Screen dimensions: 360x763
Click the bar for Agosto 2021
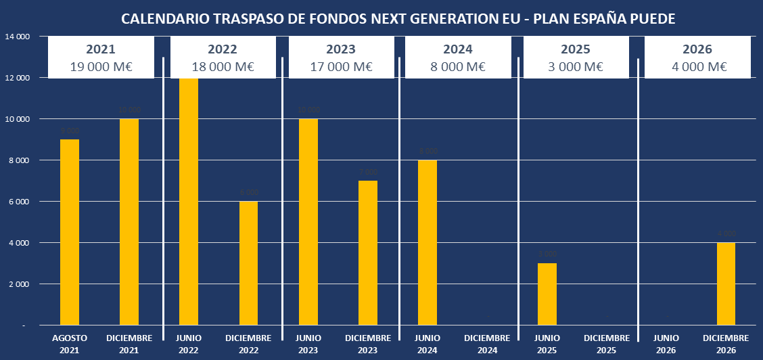[70, 232]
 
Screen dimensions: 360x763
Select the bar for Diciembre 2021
[129, 222]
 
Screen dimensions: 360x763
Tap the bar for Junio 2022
[189, 202]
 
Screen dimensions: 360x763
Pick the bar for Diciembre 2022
[248, 263]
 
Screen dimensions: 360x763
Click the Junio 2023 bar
[308, 222]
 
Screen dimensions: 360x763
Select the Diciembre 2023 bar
[367, 253]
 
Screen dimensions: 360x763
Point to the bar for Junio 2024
[427, 242]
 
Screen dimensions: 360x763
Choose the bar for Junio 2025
[547, 294]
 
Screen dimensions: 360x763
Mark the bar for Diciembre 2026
[726, 284]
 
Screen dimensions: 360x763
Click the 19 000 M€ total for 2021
[101, 66]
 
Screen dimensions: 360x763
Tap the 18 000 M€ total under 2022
[222, 66]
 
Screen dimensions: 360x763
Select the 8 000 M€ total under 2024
[458, 66]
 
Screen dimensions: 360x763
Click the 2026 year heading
[698, 49]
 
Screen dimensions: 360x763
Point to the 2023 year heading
[341, 49]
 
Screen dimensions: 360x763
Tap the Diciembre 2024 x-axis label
[487, 343]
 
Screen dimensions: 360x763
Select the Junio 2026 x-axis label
[666, 343]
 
